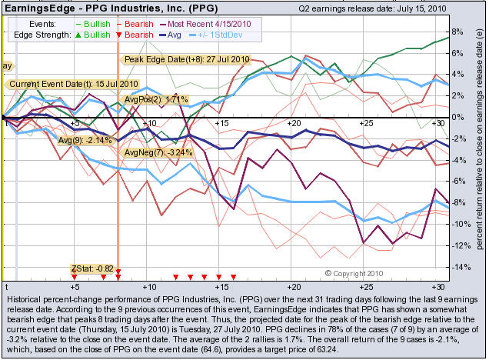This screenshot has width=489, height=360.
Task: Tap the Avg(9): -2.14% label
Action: [x=85, y=140]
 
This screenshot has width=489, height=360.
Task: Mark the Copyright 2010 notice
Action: [x=354, y=273]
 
